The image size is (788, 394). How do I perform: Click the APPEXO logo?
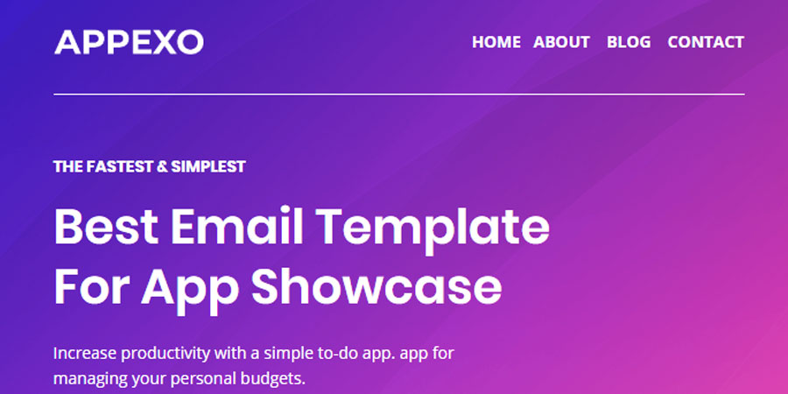(129, 41)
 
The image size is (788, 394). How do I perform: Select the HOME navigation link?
(496, 42)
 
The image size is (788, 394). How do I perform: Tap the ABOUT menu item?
(561, 42)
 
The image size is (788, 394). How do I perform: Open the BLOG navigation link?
(629, 42)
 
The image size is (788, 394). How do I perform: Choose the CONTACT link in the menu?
(705, 42)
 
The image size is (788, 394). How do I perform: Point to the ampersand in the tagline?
(161, 166)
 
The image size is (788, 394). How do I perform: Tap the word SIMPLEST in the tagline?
(208, 166)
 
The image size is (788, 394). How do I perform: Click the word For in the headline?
(89, 286)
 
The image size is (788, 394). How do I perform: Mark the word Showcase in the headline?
(377, 286)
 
